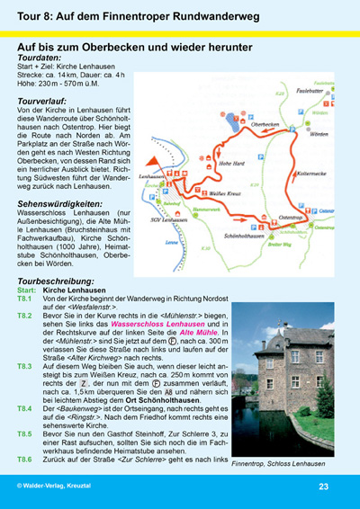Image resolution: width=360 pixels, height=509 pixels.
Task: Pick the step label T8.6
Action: pos(28,460)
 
